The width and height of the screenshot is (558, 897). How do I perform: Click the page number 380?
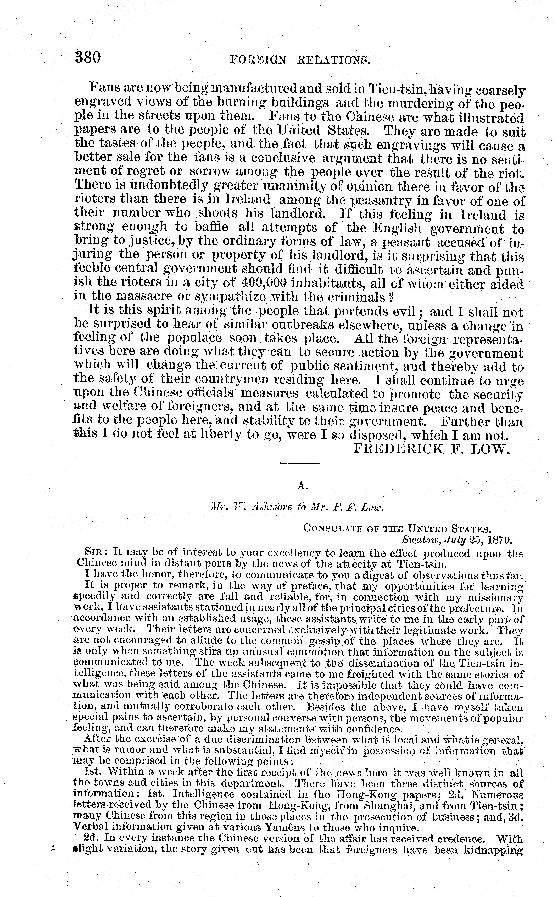88,58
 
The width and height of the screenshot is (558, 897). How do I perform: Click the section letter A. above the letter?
302,486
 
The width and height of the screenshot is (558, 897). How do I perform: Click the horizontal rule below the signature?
300,463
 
